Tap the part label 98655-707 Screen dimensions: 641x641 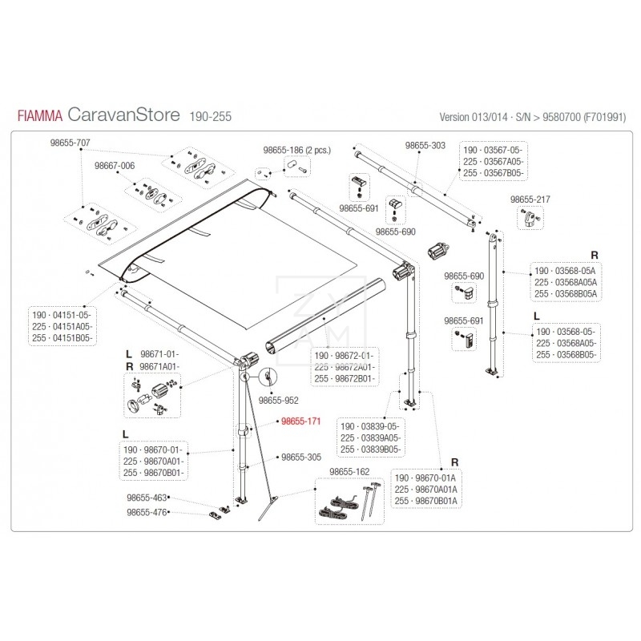[x=70, y=143]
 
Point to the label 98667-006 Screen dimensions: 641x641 [x=115, y=166]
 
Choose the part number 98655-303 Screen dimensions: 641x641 [x=425, y=146]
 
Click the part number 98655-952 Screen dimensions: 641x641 [x=280, y=398]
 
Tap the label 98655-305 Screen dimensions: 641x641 [x=300, y=458]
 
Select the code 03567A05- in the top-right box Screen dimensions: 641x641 [x=506, y=160]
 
